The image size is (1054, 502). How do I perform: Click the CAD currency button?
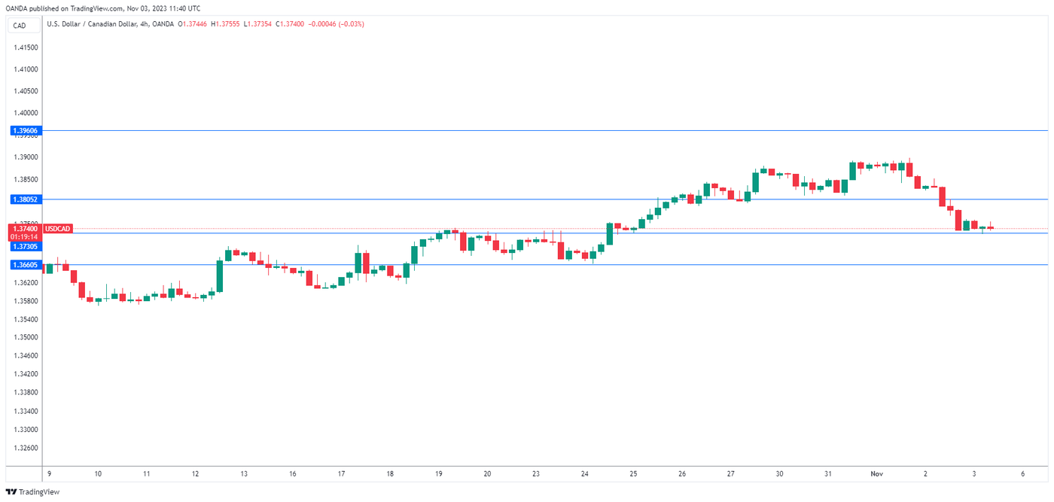pyautogui.click(x=20, y=25)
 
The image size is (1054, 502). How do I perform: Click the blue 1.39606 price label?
pyautogui.click(x=26, y=131)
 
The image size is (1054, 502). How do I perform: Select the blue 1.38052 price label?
pyautogui.click(x=26, y=199)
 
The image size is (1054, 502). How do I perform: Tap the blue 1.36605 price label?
pyautogui.click(x=26, y=265)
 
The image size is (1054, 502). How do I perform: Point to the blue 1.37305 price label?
pyautogui.click(x=26, y=246)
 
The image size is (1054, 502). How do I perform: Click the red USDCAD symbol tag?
pyautogui.click(x=58, y=228)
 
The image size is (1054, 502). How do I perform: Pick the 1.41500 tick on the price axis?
pyautogui.click(x=26, y=47)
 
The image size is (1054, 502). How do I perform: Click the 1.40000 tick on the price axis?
pyautogui.click(x=26, y=113)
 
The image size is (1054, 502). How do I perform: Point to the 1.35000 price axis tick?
pyautogui.click(x=26, y=338)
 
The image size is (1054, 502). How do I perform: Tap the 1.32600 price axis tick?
pyautogui.click(x=26, y=448)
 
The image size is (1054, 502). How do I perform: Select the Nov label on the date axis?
pyautogui.click(x=876, y=474)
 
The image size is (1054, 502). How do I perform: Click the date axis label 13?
pyautogui.click(x=245, y=474)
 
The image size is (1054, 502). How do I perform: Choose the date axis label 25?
pyautogui.click(x=633, y=474)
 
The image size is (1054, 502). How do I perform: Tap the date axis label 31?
pyautogui.click(x=827, y=474)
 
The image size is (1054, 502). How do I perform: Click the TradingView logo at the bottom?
pyautogui.click(x=32, y=492)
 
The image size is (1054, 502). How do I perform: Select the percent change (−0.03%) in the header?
pyautogui.click(x=351, y=24)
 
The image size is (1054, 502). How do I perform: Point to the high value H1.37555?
pyautogui.click(x=227, y=24)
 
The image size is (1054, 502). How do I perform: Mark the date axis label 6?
pyautogui.click(x=1022, y=474)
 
